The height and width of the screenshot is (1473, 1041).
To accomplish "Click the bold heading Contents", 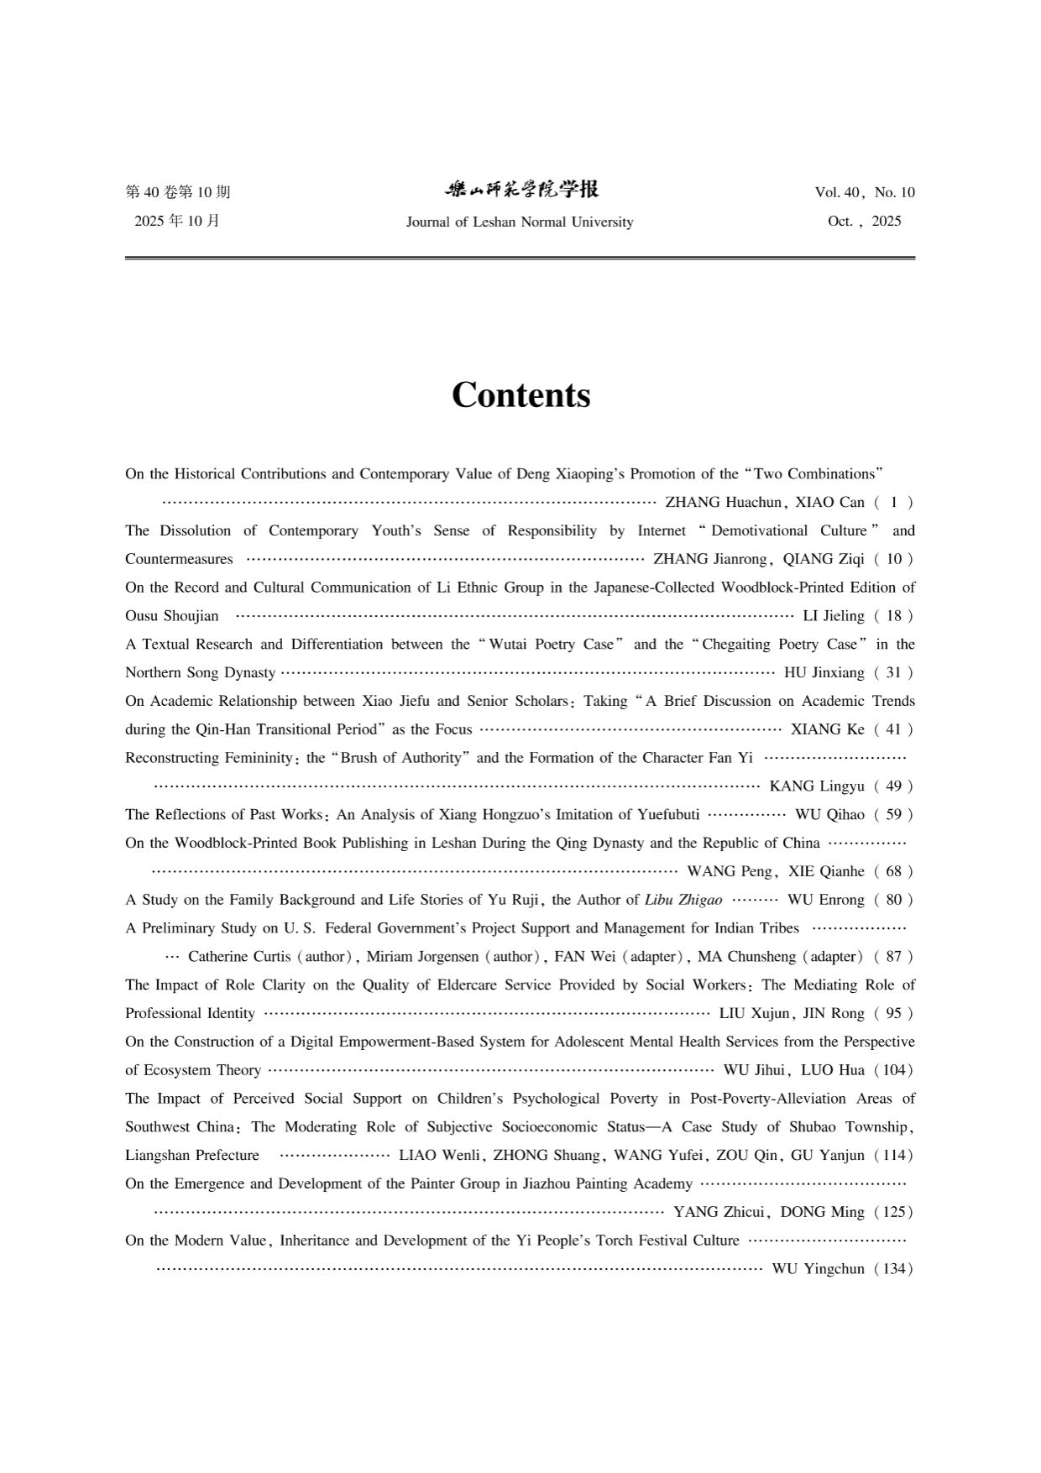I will (x=520, y=394).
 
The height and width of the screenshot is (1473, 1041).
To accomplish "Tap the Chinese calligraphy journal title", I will (x=521, y=190).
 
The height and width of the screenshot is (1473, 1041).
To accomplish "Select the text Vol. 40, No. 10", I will (x=864, y=192).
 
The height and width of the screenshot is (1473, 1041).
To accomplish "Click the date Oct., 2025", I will (x=864, y=222).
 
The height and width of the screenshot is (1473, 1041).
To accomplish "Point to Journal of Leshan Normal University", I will (x=519, y=222).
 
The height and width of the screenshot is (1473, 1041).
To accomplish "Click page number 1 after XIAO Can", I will (x=894, y=502).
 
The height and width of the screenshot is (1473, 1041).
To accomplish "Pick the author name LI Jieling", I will (x=833, y=616).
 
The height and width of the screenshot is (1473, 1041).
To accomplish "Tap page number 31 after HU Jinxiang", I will (x=893, y=672).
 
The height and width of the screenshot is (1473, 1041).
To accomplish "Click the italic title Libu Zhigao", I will (x=683, y=900).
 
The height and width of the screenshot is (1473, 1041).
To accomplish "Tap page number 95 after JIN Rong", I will (x=893, y=1013).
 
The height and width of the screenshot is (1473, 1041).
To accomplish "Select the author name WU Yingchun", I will (x=818, y=1269).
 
